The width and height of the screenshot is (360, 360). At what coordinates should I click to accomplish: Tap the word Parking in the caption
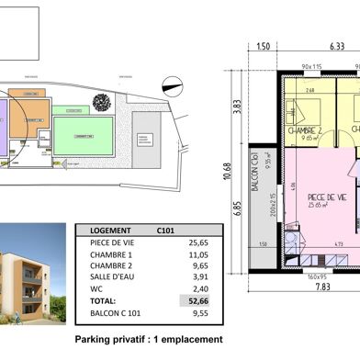[95, 338]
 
